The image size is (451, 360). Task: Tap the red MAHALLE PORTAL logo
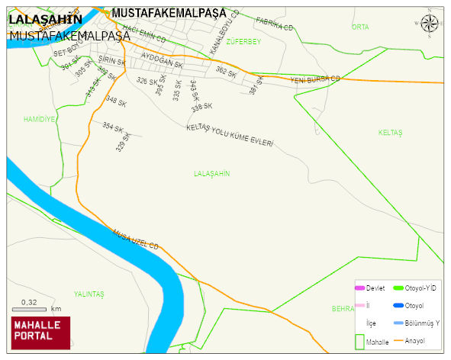[40, 332]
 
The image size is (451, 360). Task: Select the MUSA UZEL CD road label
[134, 240]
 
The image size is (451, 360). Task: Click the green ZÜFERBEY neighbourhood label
[244, 42]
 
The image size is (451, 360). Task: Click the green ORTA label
[359, 27]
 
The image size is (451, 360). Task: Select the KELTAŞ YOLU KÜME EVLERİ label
[229, 136]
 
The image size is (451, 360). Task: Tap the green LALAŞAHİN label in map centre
[212, 174]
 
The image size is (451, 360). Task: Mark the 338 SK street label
[201, 106]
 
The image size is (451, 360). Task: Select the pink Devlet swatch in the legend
[360, 288]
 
